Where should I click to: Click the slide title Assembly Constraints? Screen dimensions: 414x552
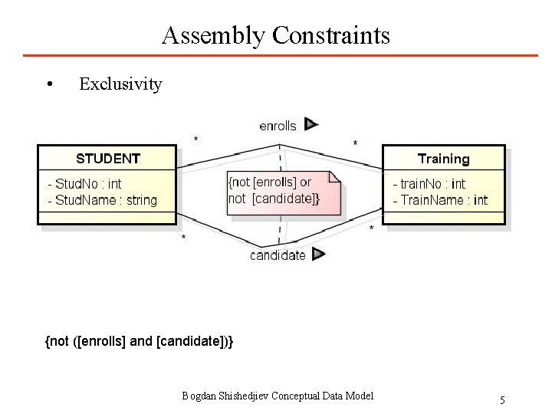pos(276,35)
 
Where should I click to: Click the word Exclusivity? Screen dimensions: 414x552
pos(120,84)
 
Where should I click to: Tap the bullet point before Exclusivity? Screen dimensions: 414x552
pos(49,84)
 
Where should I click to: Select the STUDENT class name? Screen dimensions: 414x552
pos(108,159)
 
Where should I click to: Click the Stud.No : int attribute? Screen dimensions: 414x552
pos(84,183)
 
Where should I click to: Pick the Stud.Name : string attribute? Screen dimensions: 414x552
pos(102,200)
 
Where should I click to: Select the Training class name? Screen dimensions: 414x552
pos(443,159)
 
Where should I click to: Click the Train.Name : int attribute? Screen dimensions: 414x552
pos(439,200)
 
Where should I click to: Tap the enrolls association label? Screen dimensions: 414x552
pos(278,125)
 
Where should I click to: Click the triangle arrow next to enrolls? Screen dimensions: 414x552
pos(310,123)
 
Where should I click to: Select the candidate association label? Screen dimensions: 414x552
pos(278,255)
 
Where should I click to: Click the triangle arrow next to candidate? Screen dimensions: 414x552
pos(319,254)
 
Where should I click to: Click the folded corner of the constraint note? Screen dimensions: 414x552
pos(334,176)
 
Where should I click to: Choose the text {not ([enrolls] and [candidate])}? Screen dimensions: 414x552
pos(140,340)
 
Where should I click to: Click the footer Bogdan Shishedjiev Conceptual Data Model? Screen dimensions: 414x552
pos(278,396)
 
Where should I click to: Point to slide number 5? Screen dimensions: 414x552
pos(502,399)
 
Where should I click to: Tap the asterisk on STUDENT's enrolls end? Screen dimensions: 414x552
pos(196,140)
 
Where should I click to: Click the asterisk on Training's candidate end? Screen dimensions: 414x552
pos(373,228)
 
